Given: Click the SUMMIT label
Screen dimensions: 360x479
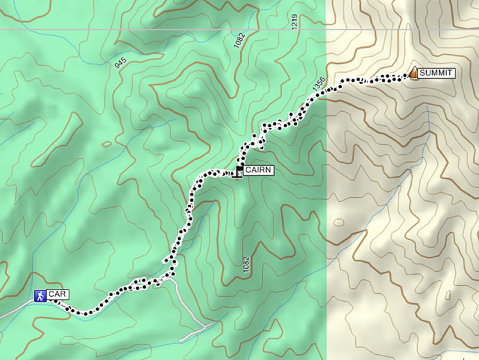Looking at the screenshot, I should click(x=436, y=74).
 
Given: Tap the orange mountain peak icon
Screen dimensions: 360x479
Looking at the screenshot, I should click(x=413, y=73).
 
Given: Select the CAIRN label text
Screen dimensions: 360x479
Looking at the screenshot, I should click(x=259, y=171).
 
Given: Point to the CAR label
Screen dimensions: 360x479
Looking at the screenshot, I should click(x=58, y=294).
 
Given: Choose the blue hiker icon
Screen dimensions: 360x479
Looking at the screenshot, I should click(x=41, y=295).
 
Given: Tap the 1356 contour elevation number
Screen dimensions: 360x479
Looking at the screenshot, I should click(x=319, y=84).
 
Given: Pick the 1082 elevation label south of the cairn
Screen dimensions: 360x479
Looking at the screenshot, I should click(x=245, y=265).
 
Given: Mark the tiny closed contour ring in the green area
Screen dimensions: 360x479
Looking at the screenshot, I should click(x=107, y=144).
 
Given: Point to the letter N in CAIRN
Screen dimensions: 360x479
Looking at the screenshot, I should click(x=270, y=171).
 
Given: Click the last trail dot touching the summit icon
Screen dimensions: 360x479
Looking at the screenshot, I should click(x=405, y=76).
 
